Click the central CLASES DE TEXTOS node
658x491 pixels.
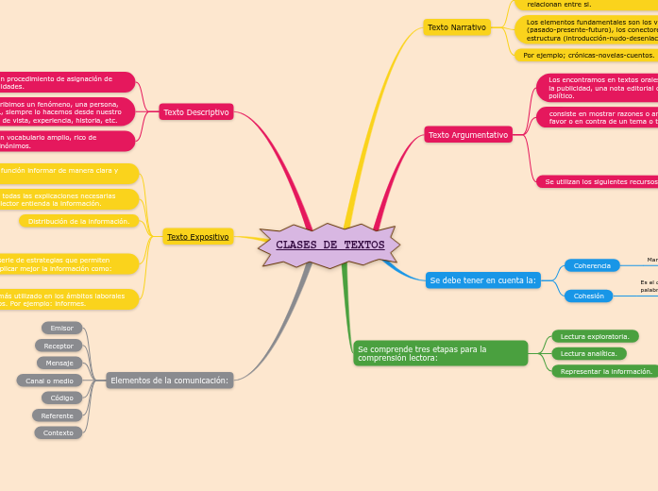pyautogui.click(x=329, y=245)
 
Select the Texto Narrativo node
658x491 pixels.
pyautogui.click(x=457, y=27)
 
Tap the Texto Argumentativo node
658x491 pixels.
pyautogui.click(x=468, y=135)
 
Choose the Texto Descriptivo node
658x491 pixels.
pyautogui.click(x=196, y=112)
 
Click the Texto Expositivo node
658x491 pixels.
pyautogui.click(x=198, y=237)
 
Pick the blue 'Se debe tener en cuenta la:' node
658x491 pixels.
pyautogui.click(x=482, y=280)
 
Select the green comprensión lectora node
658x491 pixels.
pyautogui.click(x=440, y=353)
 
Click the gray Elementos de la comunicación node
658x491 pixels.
pyautogui.click(x=170, y=381)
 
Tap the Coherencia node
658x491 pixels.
pyautogui.click(x=592, y=266)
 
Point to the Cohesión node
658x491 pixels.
pyautogui.click(x=589, y=296)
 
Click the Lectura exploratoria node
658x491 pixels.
pyautogui.click(x=595, y=336)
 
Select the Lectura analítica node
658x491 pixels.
pyautogui.click(x=588, y=353)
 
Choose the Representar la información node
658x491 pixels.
pyautogui.click(x=606, y=371)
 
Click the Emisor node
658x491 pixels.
pyautogui.click(x=62, y=328)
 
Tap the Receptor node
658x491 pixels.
pyautogui.click(x=59, y=346)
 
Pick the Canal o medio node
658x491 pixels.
pyautogui.click(x=50, y=381)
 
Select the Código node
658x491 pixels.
pyautogui.click(x=62, y=398)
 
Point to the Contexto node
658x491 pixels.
pyautogui.click(x=59, y=432)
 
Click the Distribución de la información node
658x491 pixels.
pyautogui.click(x=78, y=221)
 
